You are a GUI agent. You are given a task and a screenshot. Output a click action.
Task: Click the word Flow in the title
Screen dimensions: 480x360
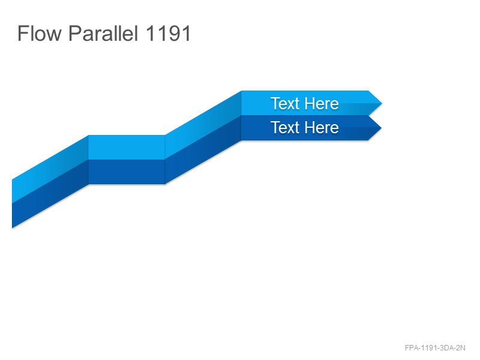click(x=40, y=33)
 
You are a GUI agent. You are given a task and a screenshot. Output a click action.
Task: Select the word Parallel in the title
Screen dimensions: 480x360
click(x=103, y=33)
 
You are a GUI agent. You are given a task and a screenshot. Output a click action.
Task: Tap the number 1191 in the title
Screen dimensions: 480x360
click(x=168, y=33)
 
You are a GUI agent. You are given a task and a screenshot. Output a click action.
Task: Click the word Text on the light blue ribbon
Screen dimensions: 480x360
click(x=284, y=103)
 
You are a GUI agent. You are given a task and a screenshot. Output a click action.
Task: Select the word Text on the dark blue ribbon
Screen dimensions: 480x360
click(x=284, y=127)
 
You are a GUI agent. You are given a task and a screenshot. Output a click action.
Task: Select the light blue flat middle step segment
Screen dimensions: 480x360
click(x=127, y=147)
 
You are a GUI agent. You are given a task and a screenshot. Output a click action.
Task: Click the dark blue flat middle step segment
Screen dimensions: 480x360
click(x=127, y=172)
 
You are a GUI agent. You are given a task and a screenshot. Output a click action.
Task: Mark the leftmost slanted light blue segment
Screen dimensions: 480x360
click(x=50, y=169)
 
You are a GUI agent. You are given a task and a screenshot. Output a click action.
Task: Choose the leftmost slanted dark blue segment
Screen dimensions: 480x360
click(x=50, y=194)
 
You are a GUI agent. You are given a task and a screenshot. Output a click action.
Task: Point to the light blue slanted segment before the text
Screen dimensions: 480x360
click(x=203, y=125)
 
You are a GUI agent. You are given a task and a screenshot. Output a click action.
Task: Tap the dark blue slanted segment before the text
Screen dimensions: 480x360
click(x=203, y=149)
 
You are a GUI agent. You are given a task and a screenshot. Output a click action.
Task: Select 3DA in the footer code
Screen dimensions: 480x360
click(x=446, y=348)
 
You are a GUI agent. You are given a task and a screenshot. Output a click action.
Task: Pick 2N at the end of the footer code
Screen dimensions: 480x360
click(x=461, y=348)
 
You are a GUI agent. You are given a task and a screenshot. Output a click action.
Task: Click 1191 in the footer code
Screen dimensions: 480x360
click(x=428, y=348)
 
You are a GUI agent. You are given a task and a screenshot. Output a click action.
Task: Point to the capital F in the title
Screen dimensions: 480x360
click(x=23, y=33)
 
